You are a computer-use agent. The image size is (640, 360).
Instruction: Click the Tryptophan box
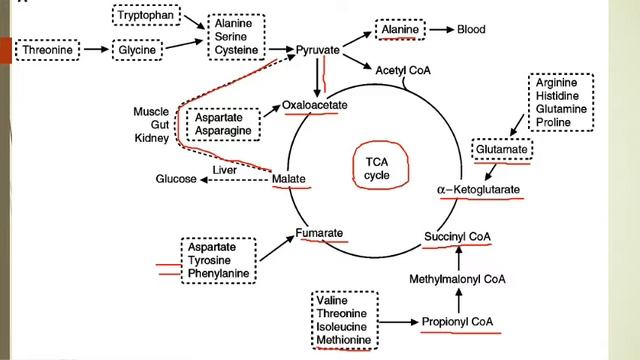(x=143, y=16)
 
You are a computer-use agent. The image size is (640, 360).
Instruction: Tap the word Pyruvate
(x=319, y=49)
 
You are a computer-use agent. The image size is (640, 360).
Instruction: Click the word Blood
(x=471, y=29)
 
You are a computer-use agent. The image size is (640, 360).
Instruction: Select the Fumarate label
(x=320, y=234)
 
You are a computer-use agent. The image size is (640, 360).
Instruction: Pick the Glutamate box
(x=500, y=150)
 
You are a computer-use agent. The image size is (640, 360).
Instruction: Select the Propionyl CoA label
(x=456, y=322)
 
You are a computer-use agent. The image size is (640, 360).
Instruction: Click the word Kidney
(x=150, y=137)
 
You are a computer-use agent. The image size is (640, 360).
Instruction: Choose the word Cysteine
(x=238, y=49)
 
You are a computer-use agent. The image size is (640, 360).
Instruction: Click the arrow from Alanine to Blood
(x=439, y=30)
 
